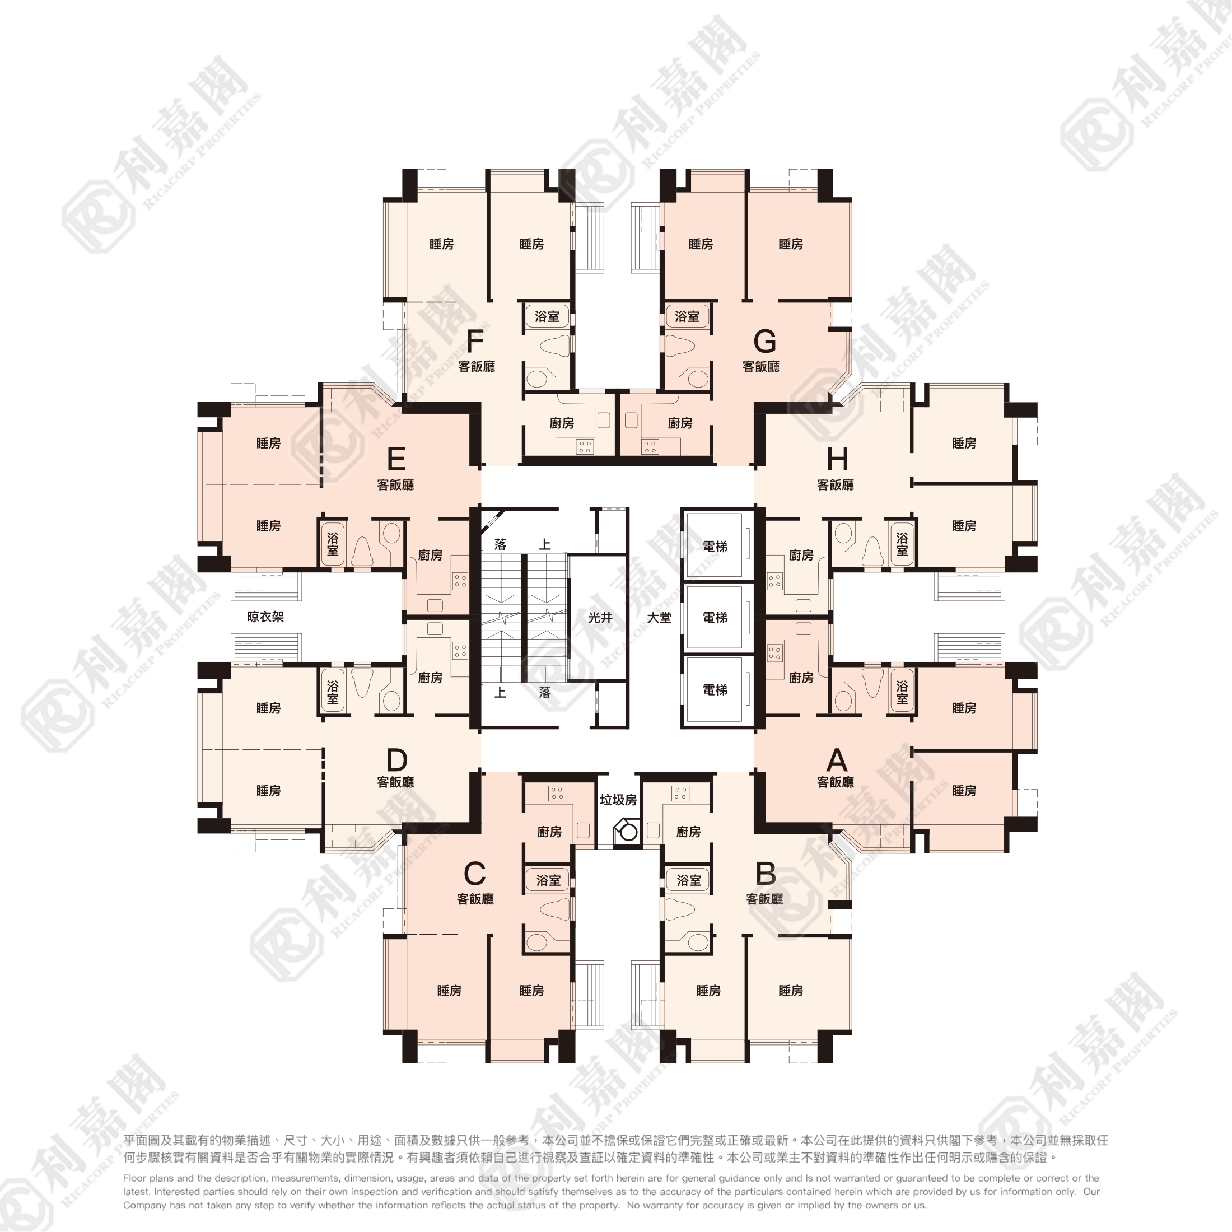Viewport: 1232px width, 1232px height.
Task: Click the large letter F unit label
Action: pyautogui.click(x=475, y=341)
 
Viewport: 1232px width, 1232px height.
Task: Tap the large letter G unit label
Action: pyautogui.click(x=764, y=341)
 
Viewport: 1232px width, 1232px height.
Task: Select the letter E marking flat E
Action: pyautogui.click(x=396, y=459)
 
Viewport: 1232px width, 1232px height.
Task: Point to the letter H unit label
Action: pyautogui.click(x=837, y=459)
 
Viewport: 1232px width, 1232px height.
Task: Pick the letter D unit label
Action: pyautogui.click(x=396, y=760)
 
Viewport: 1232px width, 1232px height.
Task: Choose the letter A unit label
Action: pyautogui.click(x=837, y=760)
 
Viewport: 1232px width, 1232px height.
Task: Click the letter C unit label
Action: pyautogui.click(x=474, y=874)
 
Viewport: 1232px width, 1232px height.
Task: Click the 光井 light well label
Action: pyautogui.click(x=600, y=617)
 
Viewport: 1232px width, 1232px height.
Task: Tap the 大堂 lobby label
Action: pyautogui.click(x=659, y=617)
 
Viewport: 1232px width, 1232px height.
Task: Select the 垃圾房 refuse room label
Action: pyautogui.click(x=618, y=800)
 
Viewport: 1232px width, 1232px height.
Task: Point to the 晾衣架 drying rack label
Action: pyautogui.click(x=265, y=617)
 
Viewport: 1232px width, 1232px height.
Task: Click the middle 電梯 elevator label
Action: pyautogui.click(x=715, y=617)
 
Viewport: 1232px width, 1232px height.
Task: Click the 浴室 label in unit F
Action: pyautogui.click(x=547, y=316)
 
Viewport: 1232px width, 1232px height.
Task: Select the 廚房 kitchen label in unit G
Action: pyautogui.click(x=680, y=423)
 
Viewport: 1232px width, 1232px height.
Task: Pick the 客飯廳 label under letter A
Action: pyautogui.click(x=836, y=782)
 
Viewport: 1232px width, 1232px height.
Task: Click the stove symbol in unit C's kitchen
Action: pyautogui.click(x=557, y=794)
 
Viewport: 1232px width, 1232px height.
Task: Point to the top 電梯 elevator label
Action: pyautogui.click(x=715, y=547)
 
